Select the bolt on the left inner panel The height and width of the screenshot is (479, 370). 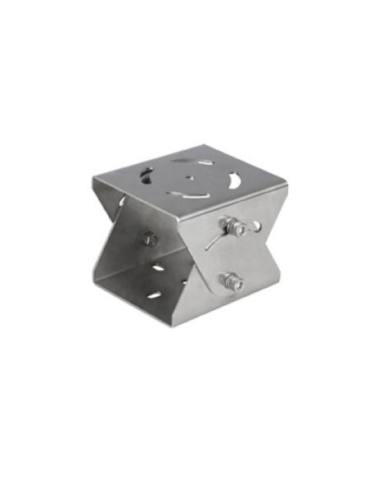pos(150,239)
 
